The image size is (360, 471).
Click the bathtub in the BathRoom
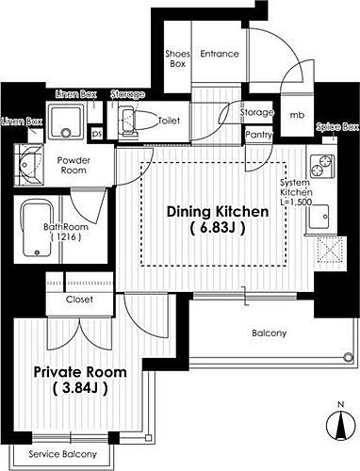(x=37, y=228)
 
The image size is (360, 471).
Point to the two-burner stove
(x=321, y=166)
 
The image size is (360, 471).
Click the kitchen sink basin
(x=319, y=217)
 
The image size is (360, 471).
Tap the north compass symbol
(x=340, y=424)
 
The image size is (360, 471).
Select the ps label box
(x=97, y=133)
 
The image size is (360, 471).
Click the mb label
(x=297, y=115)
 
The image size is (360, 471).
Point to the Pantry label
(x=258, y=135)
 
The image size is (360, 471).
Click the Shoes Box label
(x=177, y=58)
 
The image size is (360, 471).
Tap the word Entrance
(x=220, y=54)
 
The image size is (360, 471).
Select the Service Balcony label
(x=63, y=454)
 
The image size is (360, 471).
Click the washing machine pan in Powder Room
(x=65, y=121)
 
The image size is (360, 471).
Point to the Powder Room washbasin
(x=28, y=165)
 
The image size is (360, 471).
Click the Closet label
(x=79, y=300)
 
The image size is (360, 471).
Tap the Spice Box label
(x=337, y=127)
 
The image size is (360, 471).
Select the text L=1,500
(x=296, y=202)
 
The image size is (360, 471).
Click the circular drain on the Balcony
(x=348, y=357)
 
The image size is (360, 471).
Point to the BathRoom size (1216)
(x=66, y=236)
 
